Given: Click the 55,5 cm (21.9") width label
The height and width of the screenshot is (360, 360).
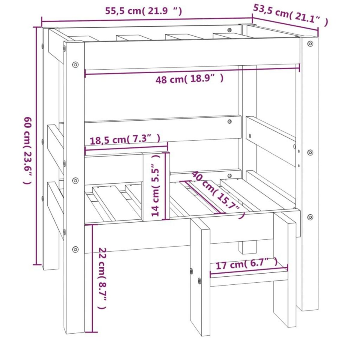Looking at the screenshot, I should pyautogui.click(x=143, y=11).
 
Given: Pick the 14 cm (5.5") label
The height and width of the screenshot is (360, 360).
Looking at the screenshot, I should pyautogui.click(x=157, y=185).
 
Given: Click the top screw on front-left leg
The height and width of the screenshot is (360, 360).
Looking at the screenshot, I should pyautogui.click(x=75, y=64).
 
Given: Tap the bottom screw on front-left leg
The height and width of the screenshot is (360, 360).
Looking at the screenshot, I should pyautogui.click(x=75, y=249).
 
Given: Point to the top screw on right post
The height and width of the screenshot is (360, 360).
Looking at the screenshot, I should pyautogui.click(x=310, y=43).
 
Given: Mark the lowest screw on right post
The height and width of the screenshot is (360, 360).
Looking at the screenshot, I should pyautogui.click(x=310, y=217).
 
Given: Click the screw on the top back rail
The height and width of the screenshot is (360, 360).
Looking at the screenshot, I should pyautogui.click(x=229, y=30).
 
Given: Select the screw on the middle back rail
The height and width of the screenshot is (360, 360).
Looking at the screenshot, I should pyautogui.click(x=229, y=121).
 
